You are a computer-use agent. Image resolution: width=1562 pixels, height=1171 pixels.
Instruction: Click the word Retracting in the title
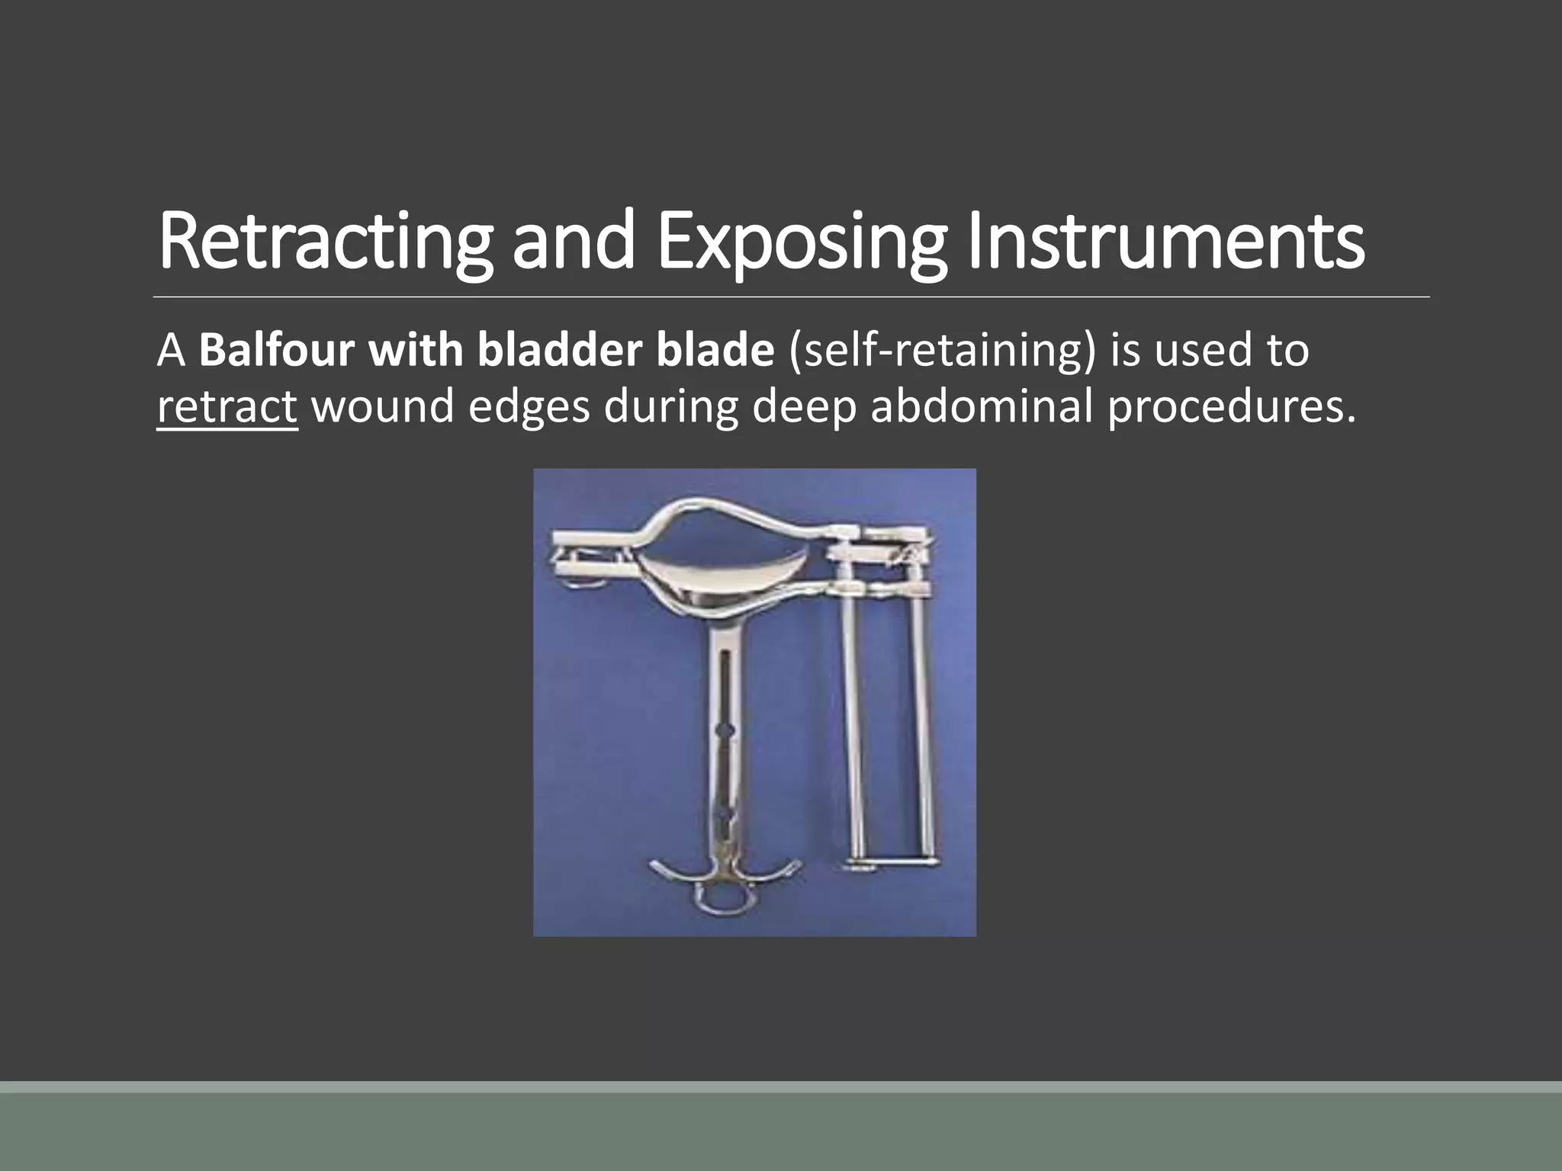325,241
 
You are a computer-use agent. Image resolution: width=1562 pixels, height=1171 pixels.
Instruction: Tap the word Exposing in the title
801,241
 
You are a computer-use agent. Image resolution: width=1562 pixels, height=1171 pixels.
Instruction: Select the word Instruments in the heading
1166,241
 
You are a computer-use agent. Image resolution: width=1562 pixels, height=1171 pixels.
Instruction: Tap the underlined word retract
227,406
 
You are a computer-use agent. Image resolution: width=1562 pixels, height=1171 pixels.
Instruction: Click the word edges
529,406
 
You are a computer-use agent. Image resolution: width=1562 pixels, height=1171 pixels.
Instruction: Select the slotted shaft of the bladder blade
725,732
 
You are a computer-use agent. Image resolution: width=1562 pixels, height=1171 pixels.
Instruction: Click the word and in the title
573,241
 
